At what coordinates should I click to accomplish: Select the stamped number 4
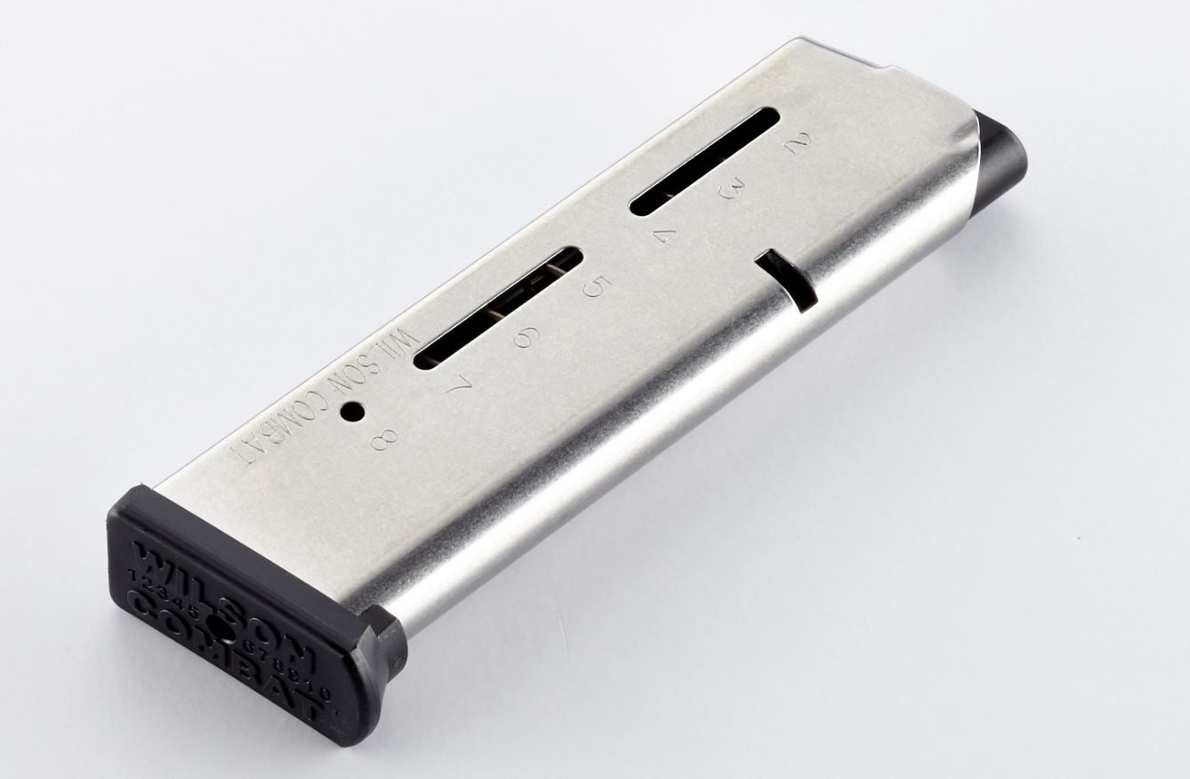[664, 237]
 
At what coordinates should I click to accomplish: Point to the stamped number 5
[593, 286]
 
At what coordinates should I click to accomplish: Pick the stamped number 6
[527, 336]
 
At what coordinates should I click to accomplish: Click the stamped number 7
[460, 388]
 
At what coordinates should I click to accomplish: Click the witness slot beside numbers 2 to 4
[705, 161]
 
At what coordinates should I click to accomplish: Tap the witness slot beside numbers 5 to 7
[498, 306]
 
